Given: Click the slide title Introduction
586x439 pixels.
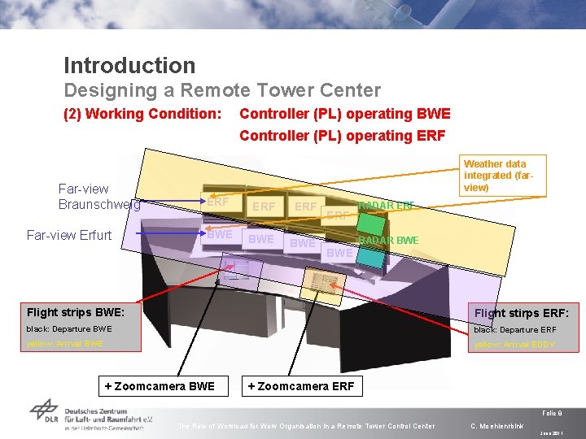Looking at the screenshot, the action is (129, 66).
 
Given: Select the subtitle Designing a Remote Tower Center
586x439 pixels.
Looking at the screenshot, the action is (222, 90).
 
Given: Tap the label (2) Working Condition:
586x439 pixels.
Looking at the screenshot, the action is (142, 114).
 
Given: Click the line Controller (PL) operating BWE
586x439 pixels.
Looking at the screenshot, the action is (344, 114).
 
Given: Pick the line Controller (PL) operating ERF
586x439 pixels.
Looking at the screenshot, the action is (343, 135).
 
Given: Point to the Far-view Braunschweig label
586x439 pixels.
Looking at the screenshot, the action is (98, 197).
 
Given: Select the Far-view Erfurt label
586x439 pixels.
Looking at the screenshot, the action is (69, 236).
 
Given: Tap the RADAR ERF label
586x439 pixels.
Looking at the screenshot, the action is (387, 206).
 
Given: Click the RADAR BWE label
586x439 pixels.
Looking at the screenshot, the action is (388, 240).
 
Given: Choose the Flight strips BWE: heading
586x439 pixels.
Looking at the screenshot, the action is (76, 312).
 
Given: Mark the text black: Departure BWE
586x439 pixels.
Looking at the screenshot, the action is (69, 329).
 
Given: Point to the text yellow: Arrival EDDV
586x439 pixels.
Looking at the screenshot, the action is (514, 345).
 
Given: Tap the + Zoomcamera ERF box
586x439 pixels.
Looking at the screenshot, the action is (301, 386).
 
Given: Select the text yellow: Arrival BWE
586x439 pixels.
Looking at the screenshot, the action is (65, 344).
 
